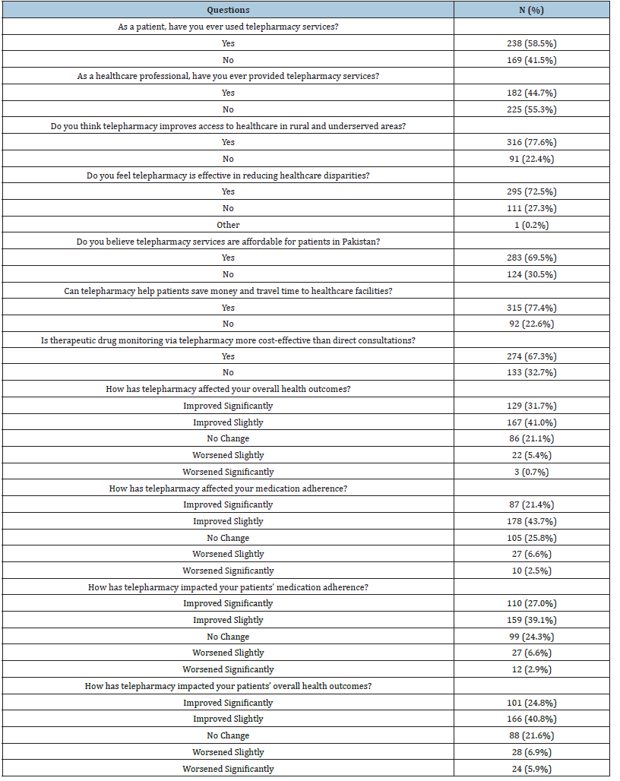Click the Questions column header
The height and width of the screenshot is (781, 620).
tap(228, 10)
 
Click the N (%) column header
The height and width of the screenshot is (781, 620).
tap(532, 10)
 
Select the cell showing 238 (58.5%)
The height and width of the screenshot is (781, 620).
tap(532, 43)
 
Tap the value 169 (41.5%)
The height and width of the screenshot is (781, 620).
tap(532, 60)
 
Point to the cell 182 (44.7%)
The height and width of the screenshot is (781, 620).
tap(532, 93)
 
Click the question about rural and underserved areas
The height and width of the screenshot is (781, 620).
tap(228, 125)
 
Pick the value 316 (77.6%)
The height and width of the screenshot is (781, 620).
tap(532, 142)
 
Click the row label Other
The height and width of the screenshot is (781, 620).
tap(228, 225)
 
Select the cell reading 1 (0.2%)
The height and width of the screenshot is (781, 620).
tap(532, 225)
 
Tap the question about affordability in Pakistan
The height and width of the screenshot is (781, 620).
tap(228, 242)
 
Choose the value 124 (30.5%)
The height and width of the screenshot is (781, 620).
tap(532, 274)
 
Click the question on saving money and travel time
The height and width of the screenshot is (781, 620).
tap(228, 291)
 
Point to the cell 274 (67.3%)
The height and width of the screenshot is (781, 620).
tap(532, 356)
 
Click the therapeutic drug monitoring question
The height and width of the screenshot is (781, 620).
tap(228, 340)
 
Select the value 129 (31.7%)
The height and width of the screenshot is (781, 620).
tap(532, 406)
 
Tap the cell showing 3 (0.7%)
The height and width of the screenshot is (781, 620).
tap(532, 472)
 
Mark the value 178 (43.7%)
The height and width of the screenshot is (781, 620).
tap(532, 521)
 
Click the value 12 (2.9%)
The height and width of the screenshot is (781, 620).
tap(532, 669)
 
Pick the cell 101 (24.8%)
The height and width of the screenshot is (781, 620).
tap(532, 703)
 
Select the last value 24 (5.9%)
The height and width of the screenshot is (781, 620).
tap(532, 769)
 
